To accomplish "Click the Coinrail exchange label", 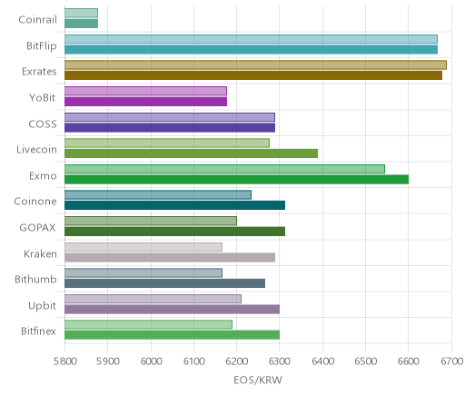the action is pyautogui.click(x=37, y=20).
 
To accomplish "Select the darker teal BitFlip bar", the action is pyautogui.click(x=251, y=50).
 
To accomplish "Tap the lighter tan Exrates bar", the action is pyautogui.click(x=255, y=65).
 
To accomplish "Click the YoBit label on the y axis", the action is pyautogui.click(x=42, y=98).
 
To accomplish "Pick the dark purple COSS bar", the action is pyautogui.click(x=170, y=128).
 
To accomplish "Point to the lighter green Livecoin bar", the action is pyautogui.click(x=167, y=144).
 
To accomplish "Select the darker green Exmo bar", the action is pyautogui.click(x=236, y=180).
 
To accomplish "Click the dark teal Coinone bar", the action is pyautogui.click(x=174, y=205).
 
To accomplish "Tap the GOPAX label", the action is pyautogui.click(x=37, y=227).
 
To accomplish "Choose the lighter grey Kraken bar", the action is pyautogui.click(x=143, y=247).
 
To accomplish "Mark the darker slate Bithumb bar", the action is pyautogui.click(x=164, y=283).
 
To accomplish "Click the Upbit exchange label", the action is pyautogui.click(x=42, y=305).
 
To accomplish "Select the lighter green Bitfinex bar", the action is pyautogui.click(x=148, y=324).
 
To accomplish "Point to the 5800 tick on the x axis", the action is pyautogui.click(x=64, y=361).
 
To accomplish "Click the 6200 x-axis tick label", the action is pyautogui.click(x=237, y=361).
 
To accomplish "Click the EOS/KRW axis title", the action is pyautogui.click(x=258, y=380).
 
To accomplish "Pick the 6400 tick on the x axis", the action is pyautogui.click(x=322, y=361).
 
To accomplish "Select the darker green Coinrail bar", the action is pyautogui.click(x=81, y=24).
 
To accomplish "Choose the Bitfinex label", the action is pyautogui.click(x=38, y=332).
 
